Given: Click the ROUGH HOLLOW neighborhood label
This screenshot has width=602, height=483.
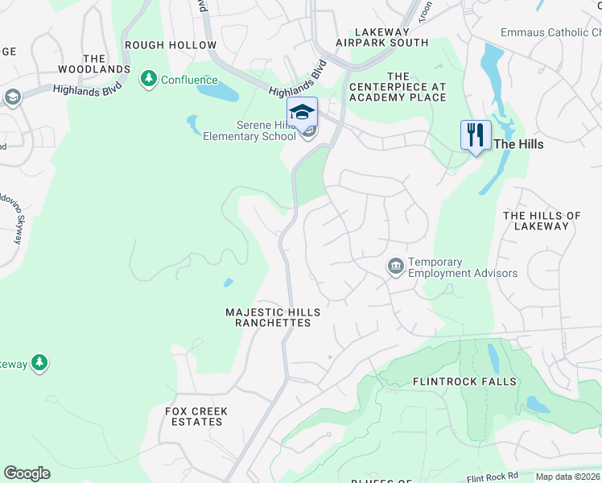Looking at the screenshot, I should pos(171,45).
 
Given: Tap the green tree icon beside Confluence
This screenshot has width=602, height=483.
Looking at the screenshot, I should pos(148,79).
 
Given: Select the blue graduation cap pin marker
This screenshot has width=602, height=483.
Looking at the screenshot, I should pos(302,112).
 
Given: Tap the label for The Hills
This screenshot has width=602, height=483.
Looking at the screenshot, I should pos(518,144).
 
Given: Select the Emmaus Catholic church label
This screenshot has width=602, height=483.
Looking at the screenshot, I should pos(550,32).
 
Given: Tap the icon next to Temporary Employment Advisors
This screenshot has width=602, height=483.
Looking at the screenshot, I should pos(395,266).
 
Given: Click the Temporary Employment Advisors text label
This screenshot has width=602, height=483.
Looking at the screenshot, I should pos(462,267).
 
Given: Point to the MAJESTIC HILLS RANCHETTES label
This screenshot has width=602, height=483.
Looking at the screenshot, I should pos(272,317).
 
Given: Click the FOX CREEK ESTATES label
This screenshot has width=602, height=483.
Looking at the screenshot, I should pos(196,416).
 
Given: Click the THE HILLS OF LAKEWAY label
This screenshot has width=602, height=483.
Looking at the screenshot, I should pos(542,221).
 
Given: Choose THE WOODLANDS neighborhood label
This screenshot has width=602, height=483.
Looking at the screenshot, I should pos(94,64).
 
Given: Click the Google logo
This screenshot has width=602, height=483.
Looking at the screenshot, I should pos(27,473).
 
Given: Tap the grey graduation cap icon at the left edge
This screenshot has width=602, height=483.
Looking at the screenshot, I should pos(12,98).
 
